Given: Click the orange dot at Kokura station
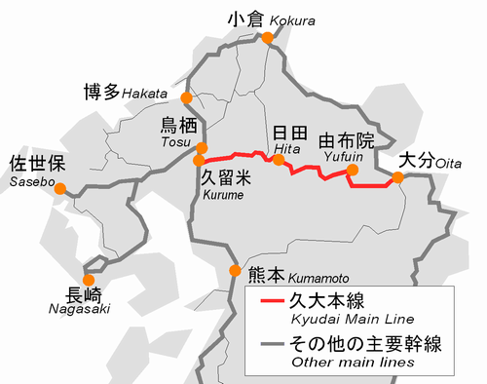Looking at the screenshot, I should coord(266,38).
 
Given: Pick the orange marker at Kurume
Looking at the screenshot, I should coord(199,161).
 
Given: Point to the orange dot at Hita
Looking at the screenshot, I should coord(279,159).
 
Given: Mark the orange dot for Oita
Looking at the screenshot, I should coord(397,177).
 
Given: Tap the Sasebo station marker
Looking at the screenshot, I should coord(60,189).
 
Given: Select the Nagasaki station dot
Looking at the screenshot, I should coord(90,280).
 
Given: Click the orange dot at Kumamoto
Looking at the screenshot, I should coord(234,271).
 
